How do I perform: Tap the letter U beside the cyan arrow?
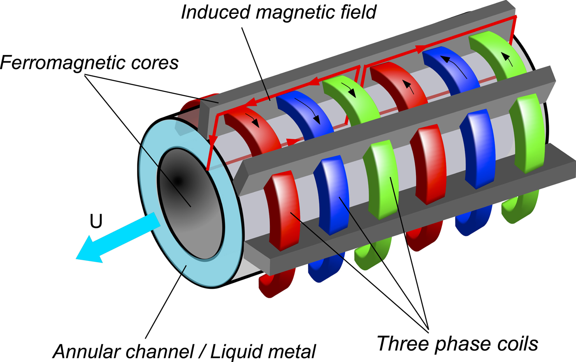(x=96, y=221)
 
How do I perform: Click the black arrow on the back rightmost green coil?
(x=508, y=59)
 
